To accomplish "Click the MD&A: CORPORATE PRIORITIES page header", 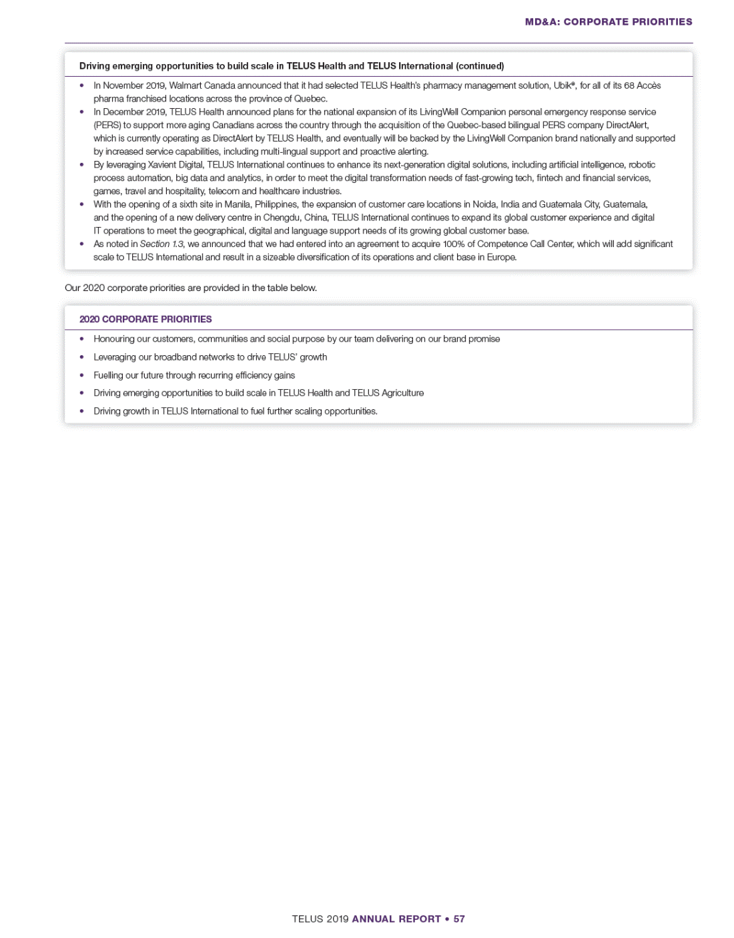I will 608,22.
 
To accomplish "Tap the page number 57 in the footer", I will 459,919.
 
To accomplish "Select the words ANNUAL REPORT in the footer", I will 396,919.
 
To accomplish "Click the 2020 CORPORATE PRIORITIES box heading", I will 145,319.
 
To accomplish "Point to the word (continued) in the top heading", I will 480,66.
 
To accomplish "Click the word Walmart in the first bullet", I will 185,85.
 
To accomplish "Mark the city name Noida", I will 484,204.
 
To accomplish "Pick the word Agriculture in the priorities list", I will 402,393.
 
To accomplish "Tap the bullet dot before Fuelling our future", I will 82,375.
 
